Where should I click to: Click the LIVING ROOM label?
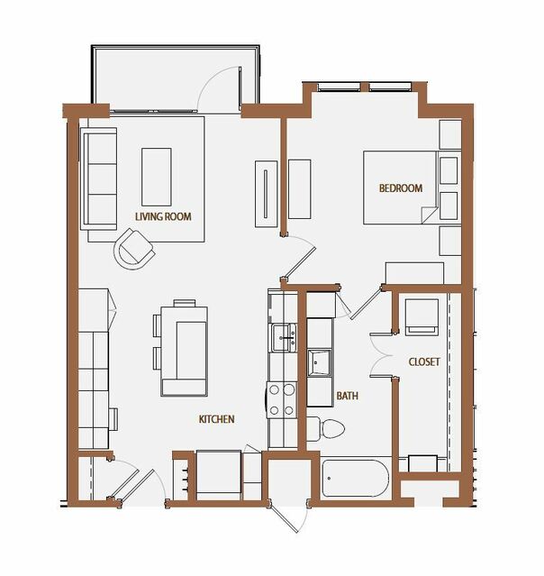[163, 216]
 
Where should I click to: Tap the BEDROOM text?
[401, 188]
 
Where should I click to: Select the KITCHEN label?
[216, 419]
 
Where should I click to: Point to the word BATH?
[348, 396]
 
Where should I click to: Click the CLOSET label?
[424, 361]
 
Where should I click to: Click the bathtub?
[355, 479]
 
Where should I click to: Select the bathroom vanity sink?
[319, 362]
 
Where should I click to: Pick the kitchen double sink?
[284, 338]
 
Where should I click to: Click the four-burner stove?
[282, 399]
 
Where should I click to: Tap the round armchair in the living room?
[134, 249]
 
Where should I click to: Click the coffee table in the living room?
[157, 177]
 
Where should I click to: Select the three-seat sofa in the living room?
[98, 178]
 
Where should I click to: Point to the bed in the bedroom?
[401, 187]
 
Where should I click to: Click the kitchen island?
[184, 352]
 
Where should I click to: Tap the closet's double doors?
[381, 355]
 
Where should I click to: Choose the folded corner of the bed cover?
[429, 215]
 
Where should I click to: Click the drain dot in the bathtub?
[329, 479]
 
